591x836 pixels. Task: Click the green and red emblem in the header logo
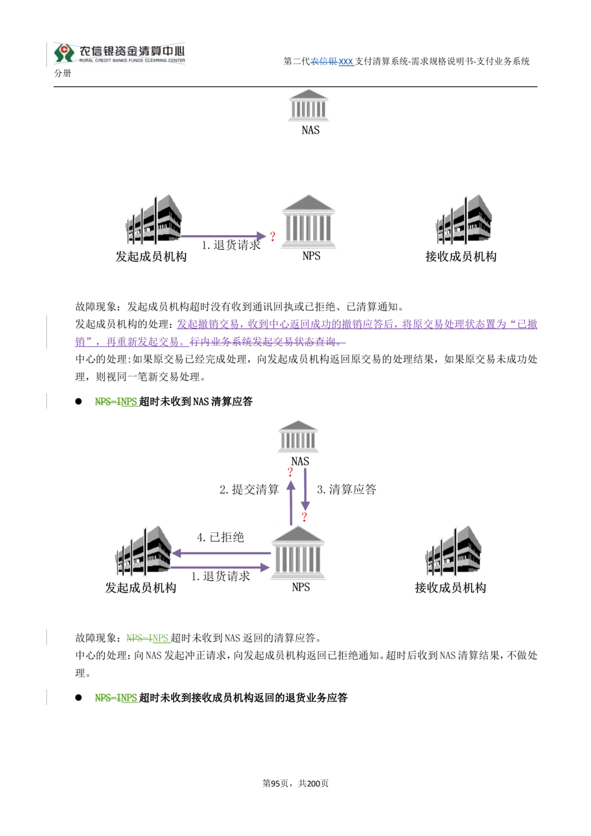pos(61,53)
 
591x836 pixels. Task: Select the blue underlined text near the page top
pos(333,62)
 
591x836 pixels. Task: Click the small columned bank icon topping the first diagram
pos(307,105)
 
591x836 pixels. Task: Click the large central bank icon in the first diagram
pos(310,219)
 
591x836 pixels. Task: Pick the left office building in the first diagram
pos(153,219)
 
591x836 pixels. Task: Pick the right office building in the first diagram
pos(465,219)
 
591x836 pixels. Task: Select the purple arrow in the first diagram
pos(225,235)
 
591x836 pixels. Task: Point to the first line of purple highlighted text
pos(357,324)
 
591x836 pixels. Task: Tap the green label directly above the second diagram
pos(117,403)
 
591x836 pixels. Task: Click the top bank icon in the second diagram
pos(298,434)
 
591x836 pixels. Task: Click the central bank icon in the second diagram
pos(300,553)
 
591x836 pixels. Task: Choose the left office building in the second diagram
pos(144,553)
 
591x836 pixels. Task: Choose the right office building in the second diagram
pos(451,553)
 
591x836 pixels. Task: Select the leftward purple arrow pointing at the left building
pos(222,553)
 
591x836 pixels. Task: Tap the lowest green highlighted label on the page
pos(117,698)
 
